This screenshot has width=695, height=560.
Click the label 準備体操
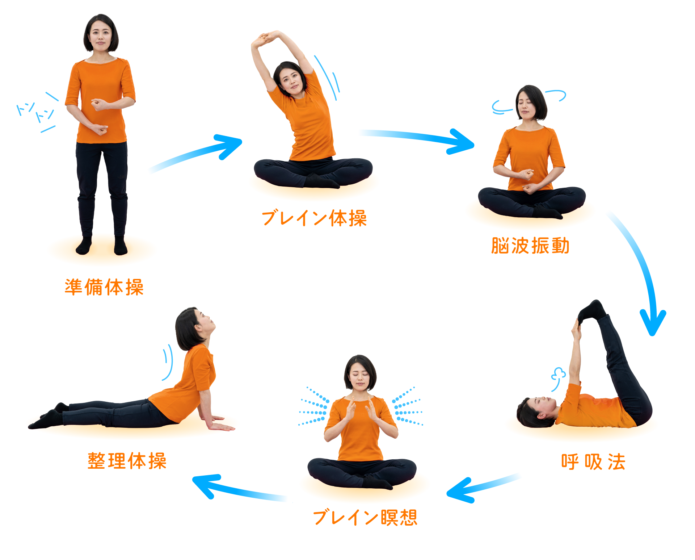pyautogui.click(x=104, y=287)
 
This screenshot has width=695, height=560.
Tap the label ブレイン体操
pyautogui.click(x=314, y=218)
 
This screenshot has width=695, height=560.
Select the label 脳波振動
pyautogui.click(x=530, y=246)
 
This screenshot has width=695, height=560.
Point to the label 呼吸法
pyautogui.click(x=593, y=461)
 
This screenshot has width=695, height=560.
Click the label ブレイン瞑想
pyautogui.click(x=365, y=517)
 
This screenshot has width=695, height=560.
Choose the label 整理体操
pyautogui.click(x=127, y=461)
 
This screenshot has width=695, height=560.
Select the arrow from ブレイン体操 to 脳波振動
pyautogui.click(x=416, y=137)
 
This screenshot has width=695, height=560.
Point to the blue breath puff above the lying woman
pyautogui.click(x=557, y=377)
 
